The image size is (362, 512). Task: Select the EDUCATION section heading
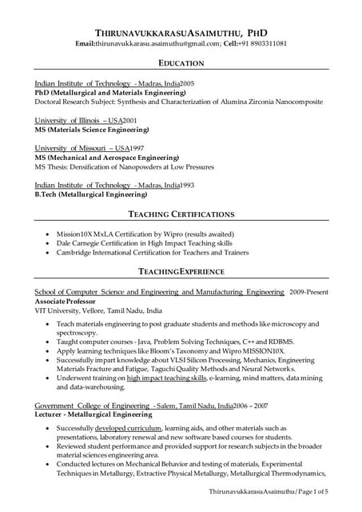coord(181,62)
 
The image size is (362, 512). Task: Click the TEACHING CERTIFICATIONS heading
coord(181,214)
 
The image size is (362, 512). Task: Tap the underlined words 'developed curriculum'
coord(129,428)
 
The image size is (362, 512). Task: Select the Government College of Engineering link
coord(82,406)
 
